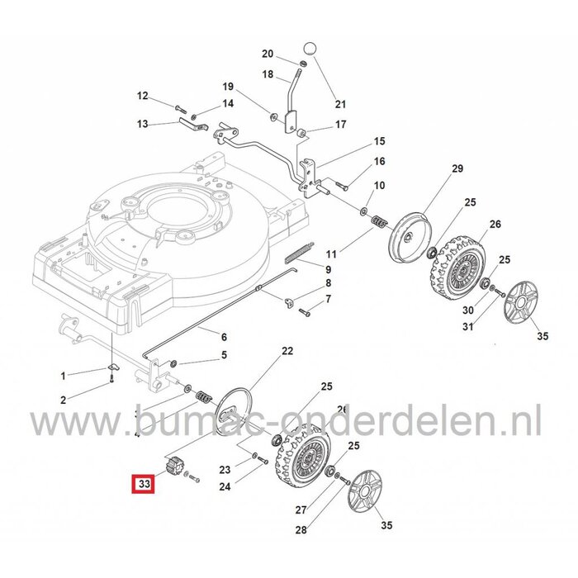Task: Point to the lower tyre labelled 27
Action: coord(303,453)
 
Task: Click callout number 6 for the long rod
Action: coord(222,336)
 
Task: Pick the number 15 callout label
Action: coord(379,141)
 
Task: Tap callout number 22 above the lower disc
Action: coord(287,351)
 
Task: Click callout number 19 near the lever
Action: coord(229,87)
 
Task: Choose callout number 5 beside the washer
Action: coord(222,356)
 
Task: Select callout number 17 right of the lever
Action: coord(340,125)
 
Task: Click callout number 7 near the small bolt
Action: coord(328,296)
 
